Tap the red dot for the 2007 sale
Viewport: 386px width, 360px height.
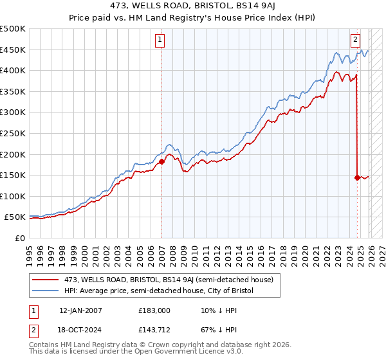coord(161,161)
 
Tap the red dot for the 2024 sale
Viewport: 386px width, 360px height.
coord(357,177)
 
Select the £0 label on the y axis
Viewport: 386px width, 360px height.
coord(19,238)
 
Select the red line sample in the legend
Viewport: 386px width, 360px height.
coord(46,280)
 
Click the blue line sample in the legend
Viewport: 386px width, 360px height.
coord(46,291)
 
